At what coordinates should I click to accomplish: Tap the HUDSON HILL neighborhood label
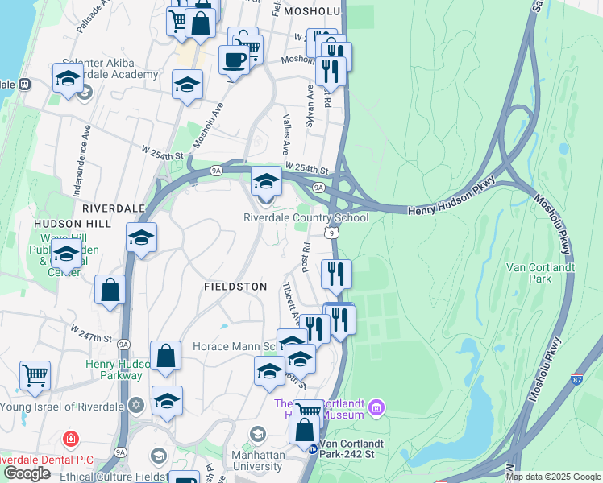pyautogui.click(x=70, y=223)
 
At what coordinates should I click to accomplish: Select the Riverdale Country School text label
pyautogui.click(x=306, y=217)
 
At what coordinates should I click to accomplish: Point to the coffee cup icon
pyautogui.click(x=234, y=60)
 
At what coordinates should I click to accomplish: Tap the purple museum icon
pyautogui.click(x=375, y=409)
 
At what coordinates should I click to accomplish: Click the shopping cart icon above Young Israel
pyautogui.click(x=35, y=375)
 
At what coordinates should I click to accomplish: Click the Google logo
pyautogui.click(x=27, y=473)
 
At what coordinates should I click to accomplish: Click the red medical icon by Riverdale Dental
pyautogui.click(x=71, y=440)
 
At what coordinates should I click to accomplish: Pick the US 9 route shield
pyautogui.click(x=331, y=232)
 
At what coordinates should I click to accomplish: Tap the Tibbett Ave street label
pyautogui.click(x=290, y=300)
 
